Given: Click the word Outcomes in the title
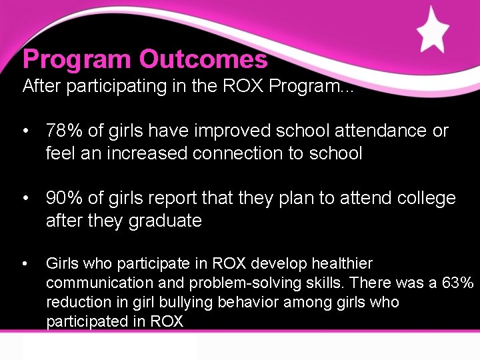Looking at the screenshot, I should coord(203,60).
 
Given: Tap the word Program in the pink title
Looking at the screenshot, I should coord(77,60).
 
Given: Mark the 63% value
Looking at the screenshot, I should coord(458,283).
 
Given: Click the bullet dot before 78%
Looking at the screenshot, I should coord(25,131).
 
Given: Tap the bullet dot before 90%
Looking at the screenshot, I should coord(25,199).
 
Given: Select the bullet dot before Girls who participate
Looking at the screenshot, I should coord(25,264).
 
